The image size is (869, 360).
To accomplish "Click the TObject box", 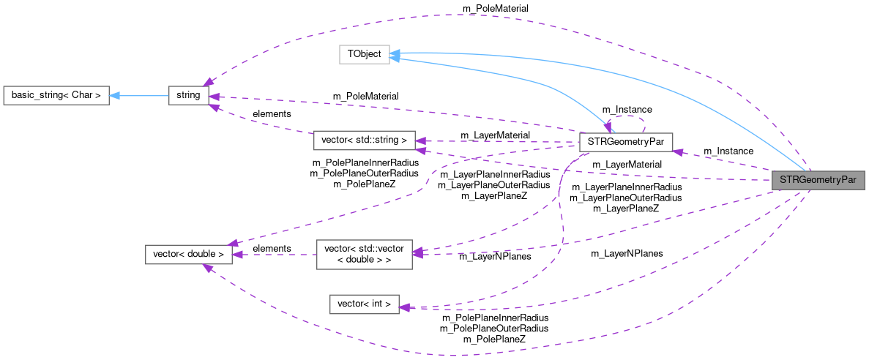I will [364, 55].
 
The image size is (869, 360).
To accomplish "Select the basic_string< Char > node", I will [56, 95].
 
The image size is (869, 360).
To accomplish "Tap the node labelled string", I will [188, 95].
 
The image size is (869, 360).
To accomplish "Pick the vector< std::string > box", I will [364, 140].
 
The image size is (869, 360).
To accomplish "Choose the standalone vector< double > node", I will [189, 255].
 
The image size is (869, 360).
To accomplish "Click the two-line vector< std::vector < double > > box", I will [364, 253].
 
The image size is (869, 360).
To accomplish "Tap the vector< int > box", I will [364, 304].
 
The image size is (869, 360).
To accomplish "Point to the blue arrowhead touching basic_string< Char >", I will [115, 95].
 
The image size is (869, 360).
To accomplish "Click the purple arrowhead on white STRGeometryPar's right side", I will [678, 151].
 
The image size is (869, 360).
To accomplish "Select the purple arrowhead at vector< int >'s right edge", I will [405, 307].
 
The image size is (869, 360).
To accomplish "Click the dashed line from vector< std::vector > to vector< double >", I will [275, 255].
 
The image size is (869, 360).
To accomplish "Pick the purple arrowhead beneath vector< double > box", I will [207, 269].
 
